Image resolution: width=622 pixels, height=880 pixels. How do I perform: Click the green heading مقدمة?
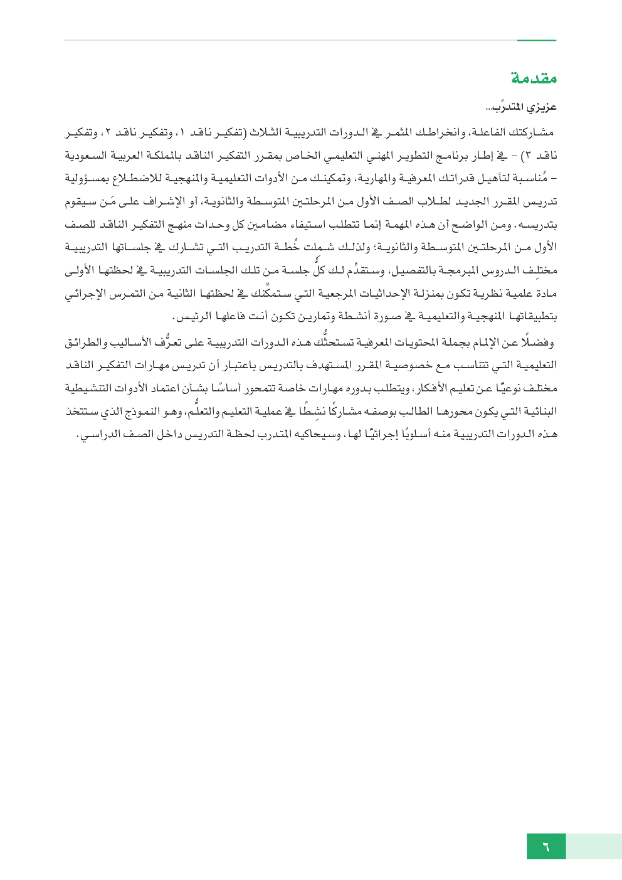pos(534,78)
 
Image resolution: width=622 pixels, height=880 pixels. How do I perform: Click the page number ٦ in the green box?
pos(546,847)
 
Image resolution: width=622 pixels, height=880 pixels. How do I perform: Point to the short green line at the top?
pos(536,41)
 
